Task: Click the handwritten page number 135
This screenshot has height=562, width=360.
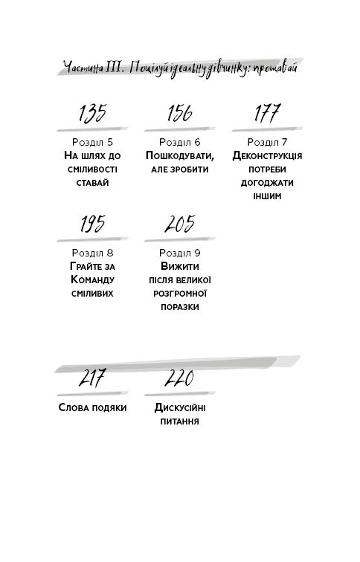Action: click(92, 114)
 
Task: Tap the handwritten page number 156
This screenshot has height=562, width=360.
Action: click(180, 113)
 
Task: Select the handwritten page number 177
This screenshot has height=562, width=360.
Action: click(267, 113)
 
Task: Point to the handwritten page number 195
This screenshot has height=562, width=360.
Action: click(92, 224)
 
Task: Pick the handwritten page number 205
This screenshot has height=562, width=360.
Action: click(180, 224)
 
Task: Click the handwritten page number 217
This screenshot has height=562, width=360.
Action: click(92, 378)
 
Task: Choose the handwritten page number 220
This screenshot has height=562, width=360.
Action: click(179, 378)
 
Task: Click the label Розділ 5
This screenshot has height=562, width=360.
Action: click(92, 142)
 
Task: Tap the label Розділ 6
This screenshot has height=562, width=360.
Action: click(180, 142)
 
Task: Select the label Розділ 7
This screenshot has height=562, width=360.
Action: click(267, 142)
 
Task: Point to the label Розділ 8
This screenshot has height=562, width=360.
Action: click(92, 253)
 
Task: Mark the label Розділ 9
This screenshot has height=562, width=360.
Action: click(180, 253)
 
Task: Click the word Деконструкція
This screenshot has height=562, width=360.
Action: click(267, 156)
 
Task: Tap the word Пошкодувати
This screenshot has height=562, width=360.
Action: click(180, 156)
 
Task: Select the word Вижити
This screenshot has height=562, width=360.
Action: click(180, 266)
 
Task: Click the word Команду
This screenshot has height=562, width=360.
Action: click(92, 280)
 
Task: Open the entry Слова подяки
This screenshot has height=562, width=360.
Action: click(92, 407)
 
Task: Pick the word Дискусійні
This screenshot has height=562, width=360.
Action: click(180, 407)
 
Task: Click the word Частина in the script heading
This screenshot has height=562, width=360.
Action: click(83, 68)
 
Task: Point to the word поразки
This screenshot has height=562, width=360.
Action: click(180, 307)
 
